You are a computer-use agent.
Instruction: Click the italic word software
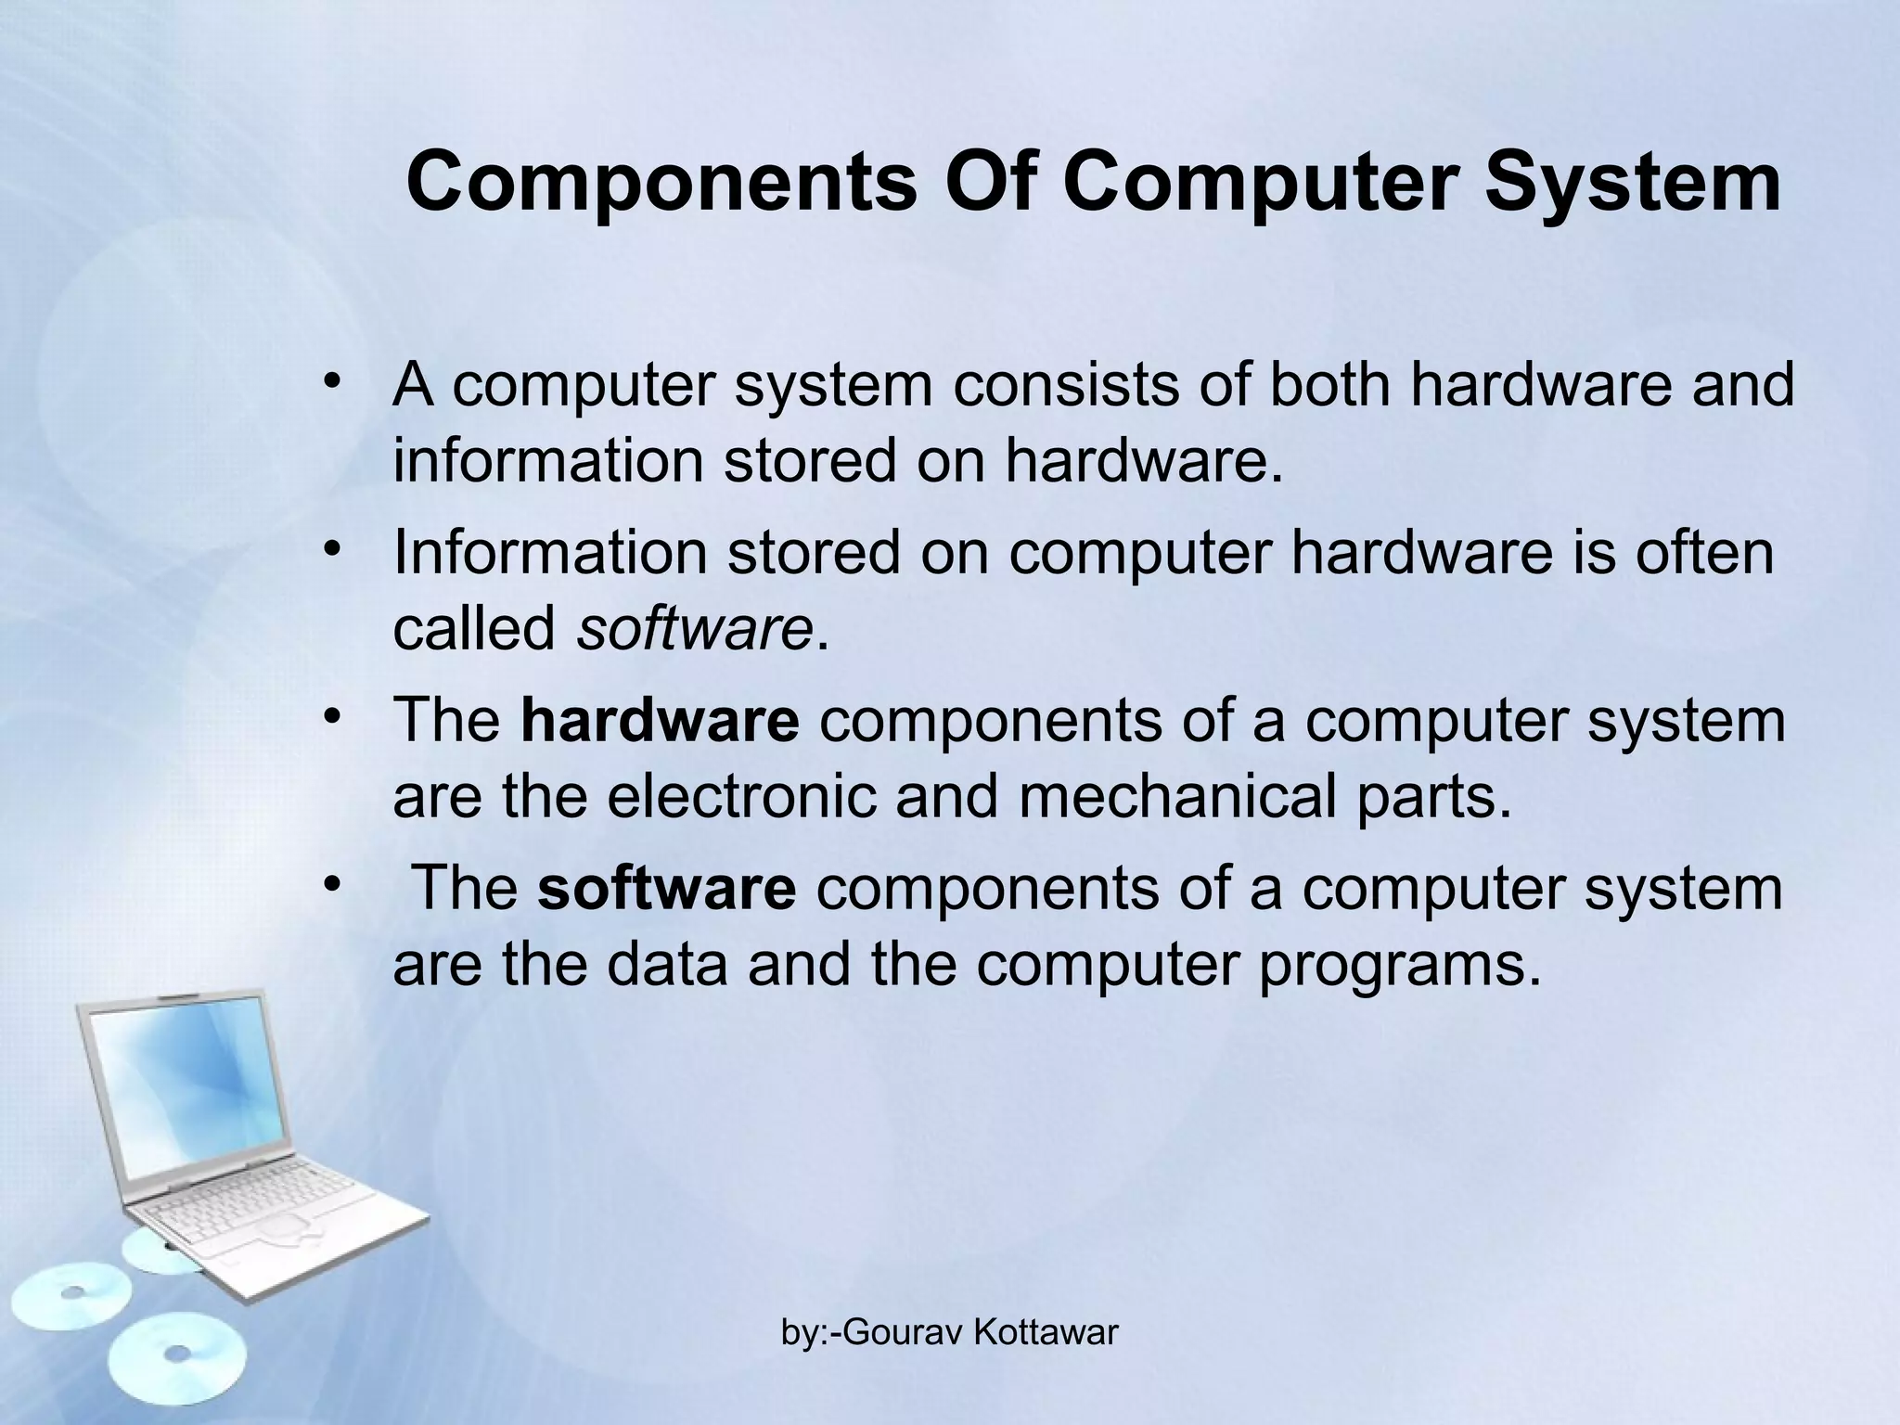tap(694, 628)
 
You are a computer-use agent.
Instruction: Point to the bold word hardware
tap(660, 720)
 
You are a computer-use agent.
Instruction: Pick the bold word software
tap(666, 888)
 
